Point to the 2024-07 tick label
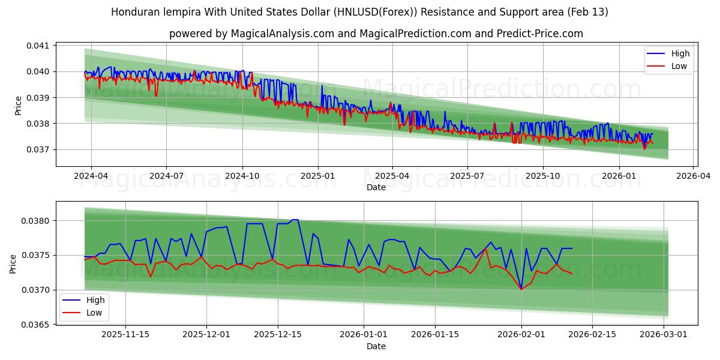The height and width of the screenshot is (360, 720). [x=166, y=176]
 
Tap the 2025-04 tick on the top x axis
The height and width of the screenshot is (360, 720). [x=392, y=176]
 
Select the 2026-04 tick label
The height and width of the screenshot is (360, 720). [x=694, y=176]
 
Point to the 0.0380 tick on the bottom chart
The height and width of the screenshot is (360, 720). [x=37, y=221]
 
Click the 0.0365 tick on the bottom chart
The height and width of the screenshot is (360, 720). [x=37, y=325]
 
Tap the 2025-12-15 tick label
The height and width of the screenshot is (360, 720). [x=277, y=335]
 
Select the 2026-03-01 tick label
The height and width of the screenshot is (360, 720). [x=664, y=335]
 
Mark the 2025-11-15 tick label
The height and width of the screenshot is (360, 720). [x=125, y=335]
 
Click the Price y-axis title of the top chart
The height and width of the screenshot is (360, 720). [x=18, y=106]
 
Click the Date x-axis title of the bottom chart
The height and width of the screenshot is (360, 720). [x=376, y=346]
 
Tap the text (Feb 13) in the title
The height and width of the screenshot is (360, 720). [x=589, y=12]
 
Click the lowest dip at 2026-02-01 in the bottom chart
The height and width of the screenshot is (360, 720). [x=521, y=289]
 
